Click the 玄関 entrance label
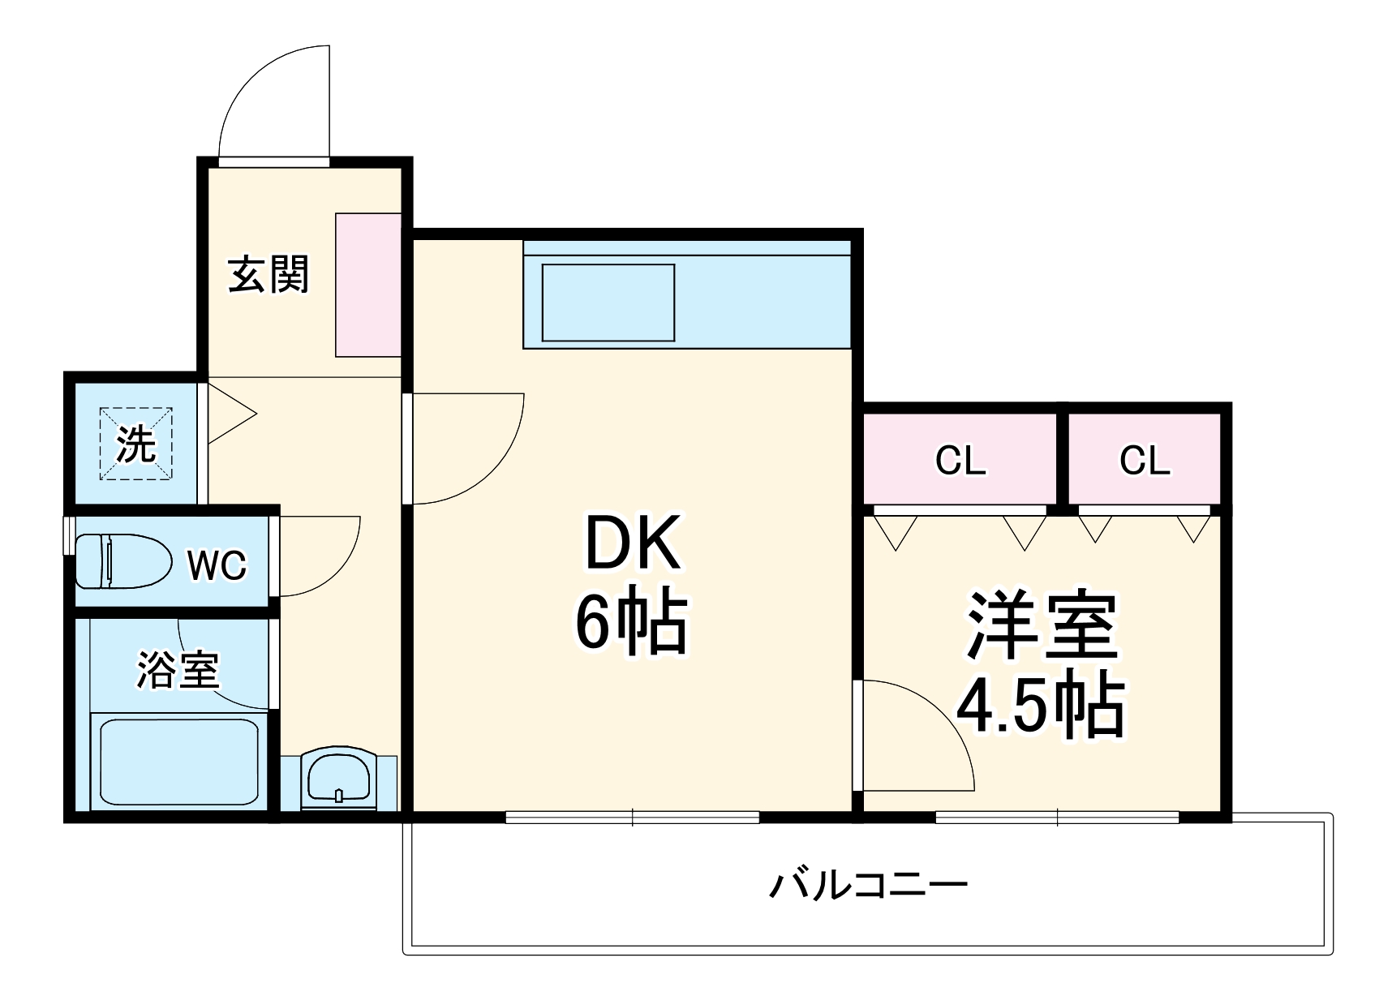click(x=268, y=274)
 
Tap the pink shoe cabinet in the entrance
click(x=368, y=285)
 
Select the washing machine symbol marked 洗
click(x=135, y=444)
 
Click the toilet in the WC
click(x=122, y=560)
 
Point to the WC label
click(x=217, y=565)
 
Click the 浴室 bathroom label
click(x=178, y=670)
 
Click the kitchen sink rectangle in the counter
click(x=608, y=302)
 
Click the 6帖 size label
click(x=631, y=623)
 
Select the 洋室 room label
click(x=1042, y=626)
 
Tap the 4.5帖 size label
click(x=1042, y=703)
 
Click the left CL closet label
click(x=960, y=461)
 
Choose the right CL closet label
click(x=1145, y=460)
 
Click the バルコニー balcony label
click(x=868, y=886)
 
